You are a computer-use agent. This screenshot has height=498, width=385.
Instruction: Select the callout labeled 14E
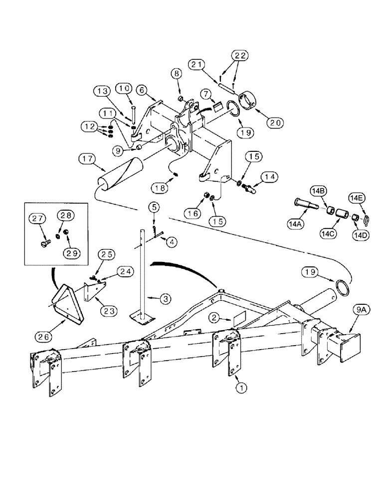[360, 198]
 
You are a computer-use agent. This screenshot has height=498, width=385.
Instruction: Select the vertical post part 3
[143, 269]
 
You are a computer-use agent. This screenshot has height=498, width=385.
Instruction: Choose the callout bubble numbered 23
[110, 311]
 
